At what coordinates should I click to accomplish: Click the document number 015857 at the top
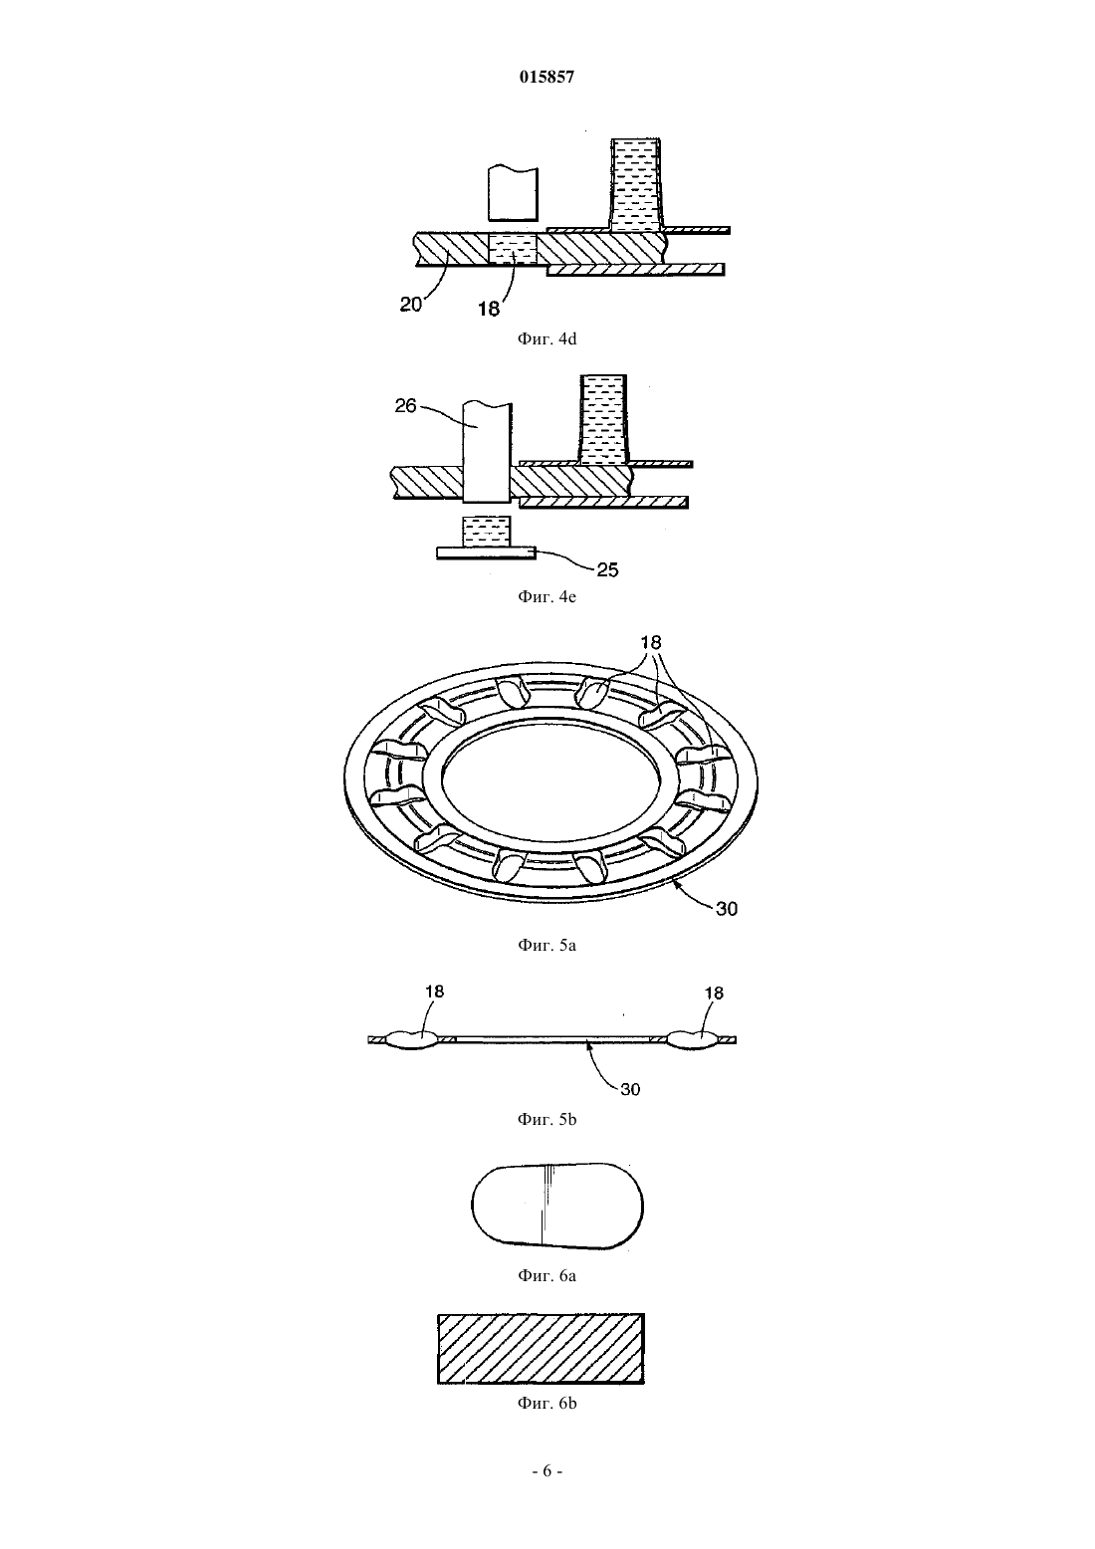pos(547,77)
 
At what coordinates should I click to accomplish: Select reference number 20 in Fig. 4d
pos(411,304)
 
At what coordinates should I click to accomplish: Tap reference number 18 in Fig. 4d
pos(488,309)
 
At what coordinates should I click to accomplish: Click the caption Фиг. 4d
pos(547,338)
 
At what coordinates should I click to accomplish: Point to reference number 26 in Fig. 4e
pos(405,406)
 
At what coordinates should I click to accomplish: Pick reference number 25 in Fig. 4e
pos(607,569)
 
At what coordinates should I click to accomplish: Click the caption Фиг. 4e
pos(547,596)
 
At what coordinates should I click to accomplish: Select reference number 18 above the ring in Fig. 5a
pos(651,642)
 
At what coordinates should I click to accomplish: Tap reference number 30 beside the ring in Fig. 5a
pos(727,909)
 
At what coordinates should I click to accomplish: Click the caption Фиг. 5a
pos(547,946)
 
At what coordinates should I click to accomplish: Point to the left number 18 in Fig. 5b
pos(434,991)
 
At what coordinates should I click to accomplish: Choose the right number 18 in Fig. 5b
pos(714,993)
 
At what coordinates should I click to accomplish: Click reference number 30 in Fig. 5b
pos(630,1089)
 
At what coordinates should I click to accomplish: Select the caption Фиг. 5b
pos(547,1120)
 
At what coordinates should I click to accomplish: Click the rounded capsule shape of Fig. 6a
pos(557,1206)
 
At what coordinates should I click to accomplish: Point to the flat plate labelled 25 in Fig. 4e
pos(486,553)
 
